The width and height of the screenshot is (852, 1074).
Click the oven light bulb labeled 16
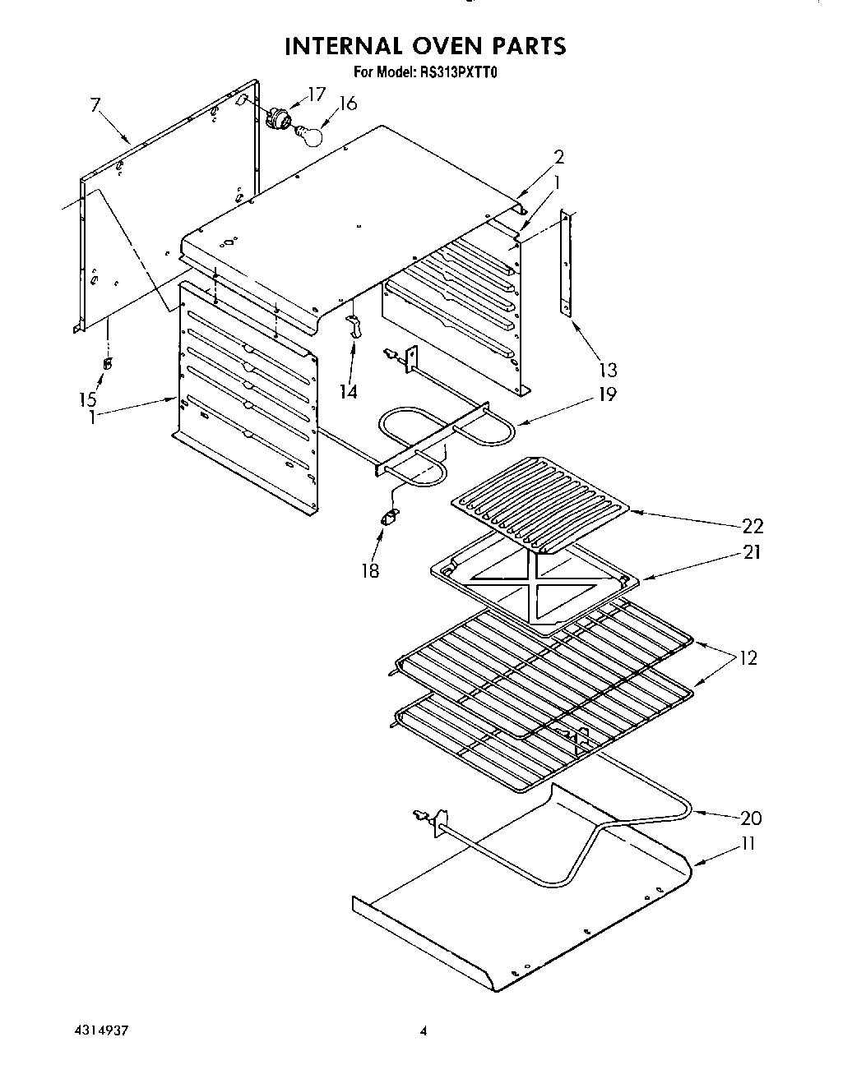coord(308,135)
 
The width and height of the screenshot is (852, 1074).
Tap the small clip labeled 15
coord(108,364)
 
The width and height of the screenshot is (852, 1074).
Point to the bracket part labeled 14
coord(354,326)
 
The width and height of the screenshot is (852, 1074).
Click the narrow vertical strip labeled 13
coord(565,261)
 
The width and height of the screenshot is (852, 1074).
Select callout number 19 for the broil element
coord(606,394)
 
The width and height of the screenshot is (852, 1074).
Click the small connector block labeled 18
coord(388,518)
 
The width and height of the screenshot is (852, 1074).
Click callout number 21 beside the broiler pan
coord(750,551)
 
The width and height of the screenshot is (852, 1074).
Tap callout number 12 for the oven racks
coord(748,657)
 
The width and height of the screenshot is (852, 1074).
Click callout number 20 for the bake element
coord(750,818)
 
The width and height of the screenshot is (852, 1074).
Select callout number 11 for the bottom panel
coord(748,843)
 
